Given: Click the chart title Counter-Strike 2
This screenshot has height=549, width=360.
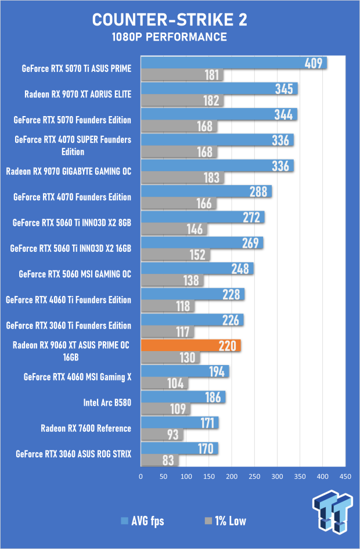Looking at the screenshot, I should pos(169,20).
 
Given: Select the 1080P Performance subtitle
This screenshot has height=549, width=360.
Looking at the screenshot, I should pos(169,37).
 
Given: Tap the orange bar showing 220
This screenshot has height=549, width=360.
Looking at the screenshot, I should pos(190,346).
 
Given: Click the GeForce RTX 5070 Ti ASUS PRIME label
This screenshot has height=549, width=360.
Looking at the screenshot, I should pos(77,68).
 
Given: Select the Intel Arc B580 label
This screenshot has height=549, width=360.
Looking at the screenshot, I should pos(108,402).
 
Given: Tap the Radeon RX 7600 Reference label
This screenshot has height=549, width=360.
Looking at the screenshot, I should pos(86,428).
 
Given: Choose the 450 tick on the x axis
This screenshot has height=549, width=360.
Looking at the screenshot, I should pos(345,476).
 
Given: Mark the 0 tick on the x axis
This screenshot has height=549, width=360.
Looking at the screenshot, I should pos(141,476).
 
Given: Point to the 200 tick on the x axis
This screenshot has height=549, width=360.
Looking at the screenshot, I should pos(232,476).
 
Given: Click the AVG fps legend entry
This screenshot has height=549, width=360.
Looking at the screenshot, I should pos(142,521).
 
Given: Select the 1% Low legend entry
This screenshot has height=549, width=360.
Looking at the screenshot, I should pos(225,521).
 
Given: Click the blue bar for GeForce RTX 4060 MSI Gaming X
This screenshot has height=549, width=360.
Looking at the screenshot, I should pos(185,371).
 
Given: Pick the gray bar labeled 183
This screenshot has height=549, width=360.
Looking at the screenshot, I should pos(181,178).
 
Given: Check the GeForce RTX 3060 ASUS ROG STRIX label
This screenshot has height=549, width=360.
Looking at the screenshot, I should pos(74,454).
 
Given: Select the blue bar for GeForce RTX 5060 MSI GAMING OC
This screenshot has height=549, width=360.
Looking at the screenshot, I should pos(197,269).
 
